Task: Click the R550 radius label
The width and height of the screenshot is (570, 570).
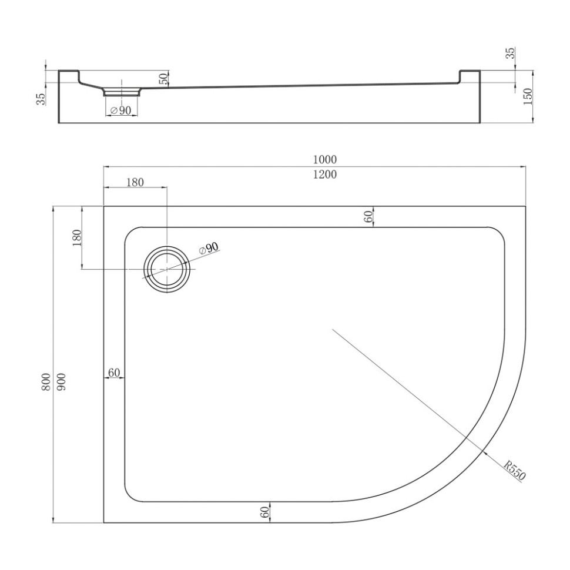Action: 514,470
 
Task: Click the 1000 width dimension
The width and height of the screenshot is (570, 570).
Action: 324,159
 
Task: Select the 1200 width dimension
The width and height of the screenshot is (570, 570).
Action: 324,175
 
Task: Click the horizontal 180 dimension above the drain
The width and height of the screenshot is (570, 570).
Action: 135,182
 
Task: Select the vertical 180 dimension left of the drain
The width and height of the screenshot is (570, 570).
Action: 76,239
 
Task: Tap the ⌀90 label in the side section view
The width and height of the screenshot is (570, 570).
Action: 121,110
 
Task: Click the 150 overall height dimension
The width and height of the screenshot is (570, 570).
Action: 527,96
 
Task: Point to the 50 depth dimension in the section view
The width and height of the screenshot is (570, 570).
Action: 163,77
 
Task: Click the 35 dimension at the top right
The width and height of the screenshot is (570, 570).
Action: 510,54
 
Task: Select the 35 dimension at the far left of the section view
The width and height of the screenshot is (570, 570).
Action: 41,99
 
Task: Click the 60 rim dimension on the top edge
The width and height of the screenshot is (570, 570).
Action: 368,216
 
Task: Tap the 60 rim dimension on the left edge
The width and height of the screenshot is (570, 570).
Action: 114,373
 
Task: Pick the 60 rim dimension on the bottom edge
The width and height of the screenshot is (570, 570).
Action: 265,512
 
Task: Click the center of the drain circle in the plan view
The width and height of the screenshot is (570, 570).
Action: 167,269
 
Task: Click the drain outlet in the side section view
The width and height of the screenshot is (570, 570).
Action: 122,92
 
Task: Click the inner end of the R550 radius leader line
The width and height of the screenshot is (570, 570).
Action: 333,329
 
